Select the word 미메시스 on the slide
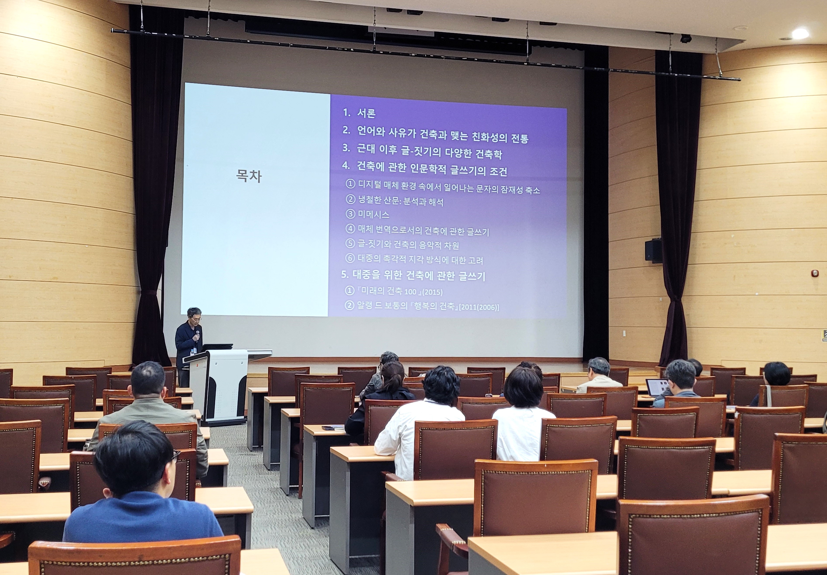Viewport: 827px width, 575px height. [x=373, y=214]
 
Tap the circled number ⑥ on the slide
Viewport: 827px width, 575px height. [x=350, y=258]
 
